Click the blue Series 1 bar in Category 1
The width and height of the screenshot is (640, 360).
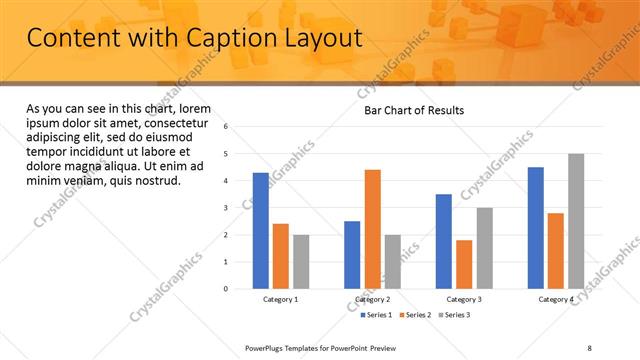tap(261, 231)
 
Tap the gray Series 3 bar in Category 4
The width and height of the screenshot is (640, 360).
tap(576, 221)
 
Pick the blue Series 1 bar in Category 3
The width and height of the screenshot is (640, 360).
tap(444, 241)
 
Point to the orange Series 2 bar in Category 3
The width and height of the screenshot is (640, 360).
tap(464, 264)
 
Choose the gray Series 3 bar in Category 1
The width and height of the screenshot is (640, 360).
tap(301, 262)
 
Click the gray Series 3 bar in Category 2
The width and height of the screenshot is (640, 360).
tap(392, 262)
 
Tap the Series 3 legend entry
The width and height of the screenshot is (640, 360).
tap(455, 315)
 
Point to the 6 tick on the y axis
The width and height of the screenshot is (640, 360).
tap(226, 127)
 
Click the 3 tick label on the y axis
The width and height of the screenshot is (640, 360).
tap(226, 208)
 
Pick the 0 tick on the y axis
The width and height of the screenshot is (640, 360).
tap(226, 289)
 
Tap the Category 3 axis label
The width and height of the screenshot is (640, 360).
tap(464, 299)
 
